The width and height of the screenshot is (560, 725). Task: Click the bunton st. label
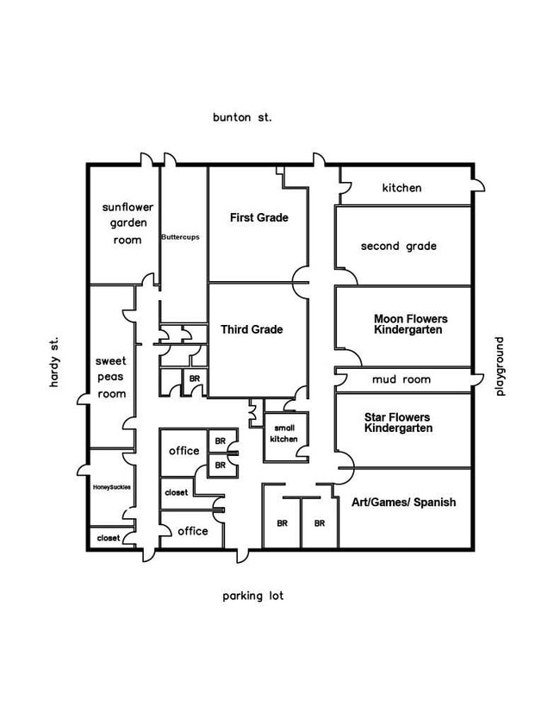(242, 116)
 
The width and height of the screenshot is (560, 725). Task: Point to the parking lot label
(252, 596)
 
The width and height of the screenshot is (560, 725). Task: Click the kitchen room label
(401, 187)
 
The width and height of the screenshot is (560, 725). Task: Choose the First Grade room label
(258, 218)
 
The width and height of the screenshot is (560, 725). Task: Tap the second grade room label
(398, 247)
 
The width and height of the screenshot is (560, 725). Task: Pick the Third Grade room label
(252, 329)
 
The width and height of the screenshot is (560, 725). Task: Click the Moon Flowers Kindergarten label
(410, 324)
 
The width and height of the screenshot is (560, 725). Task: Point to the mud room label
(401, 379)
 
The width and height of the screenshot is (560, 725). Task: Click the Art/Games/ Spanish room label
(403, 502)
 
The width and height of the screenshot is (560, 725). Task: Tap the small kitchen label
(285, 433)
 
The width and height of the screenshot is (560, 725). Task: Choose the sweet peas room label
(110, 378)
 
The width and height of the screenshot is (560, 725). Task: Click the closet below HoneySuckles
(109, 537)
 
